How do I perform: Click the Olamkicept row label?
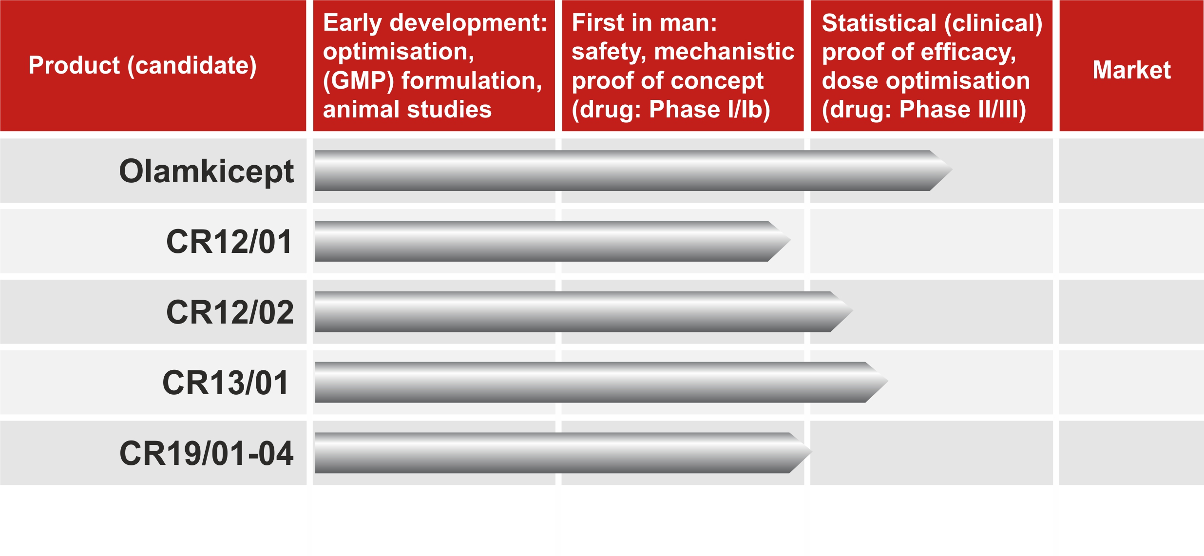[206, 172]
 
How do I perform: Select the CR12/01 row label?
[229, 242]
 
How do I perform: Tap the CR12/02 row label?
[230, 312]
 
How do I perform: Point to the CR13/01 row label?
[226, 383]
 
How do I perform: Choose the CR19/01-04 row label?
[207, 454]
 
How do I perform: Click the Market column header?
[1131, 70]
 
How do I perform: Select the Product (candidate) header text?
[142, 66]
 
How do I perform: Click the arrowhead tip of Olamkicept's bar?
[952, 170]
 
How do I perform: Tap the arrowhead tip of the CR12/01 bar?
[790, 241]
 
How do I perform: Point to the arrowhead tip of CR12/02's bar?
[852, 311]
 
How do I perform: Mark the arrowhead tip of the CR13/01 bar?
[887, 382]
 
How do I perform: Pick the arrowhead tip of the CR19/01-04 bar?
[811, 453]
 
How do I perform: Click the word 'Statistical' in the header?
[879, 23]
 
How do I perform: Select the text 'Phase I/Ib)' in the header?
[709, 110]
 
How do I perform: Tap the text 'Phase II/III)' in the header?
[963, 110]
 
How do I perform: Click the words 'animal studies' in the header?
[407, 110]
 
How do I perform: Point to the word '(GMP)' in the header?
[359, 81]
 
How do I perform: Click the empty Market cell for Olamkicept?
[1131, 171]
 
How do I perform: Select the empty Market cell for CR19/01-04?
[1131, 453]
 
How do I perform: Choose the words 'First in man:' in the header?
[644, 23]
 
